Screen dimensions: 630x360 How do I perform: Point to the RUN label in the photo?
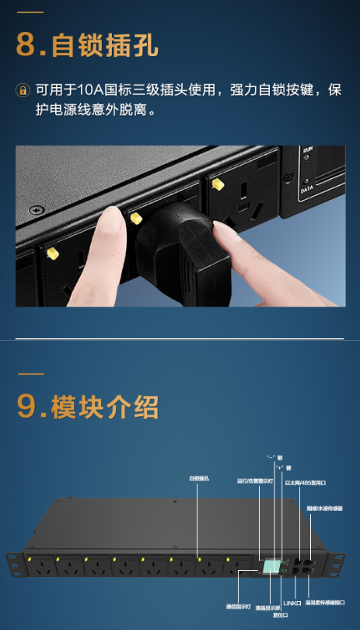click(309, 147)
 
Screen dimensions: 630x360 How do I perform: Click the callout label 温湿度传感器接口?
click(326, 602)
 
